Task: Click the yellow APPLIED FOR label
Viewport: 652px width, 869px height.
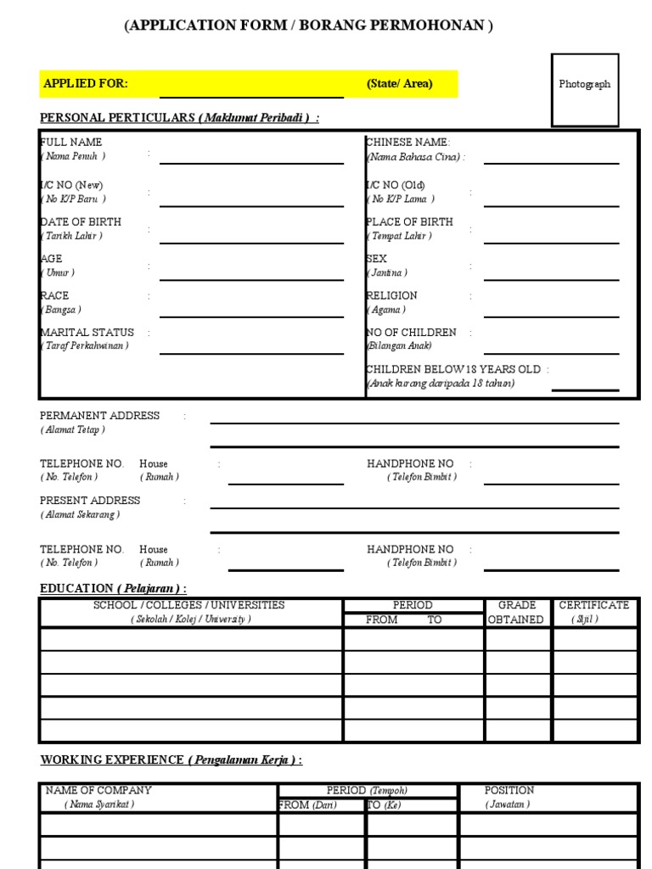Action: pos(86,83)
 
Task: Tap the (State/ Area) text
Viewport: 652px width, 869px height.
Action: pos(399,83)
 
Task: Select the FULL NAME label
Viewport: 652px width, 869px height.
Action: pos(71,143)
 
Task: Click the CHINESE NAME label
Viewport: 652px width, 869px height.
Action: pos(408,143)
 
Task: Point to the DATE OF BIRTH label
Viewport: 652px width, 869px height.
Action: pos(81,221)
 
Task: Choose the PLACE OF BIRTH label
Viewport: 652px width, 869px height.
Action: pos(410,221)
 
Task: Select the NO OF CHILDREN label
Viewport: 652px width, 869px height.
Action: pos(412,333)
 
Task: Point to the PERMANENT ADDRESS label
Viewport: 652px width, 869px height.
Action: pos(99,416)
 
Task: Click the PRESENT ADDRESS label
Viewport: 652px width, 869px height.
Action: pos(90,501)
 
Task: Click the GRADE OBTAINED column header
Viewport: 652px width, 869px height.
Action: pos(517,612)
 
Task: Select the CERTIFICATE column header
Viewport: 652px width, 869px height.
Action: pos(593,612)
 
